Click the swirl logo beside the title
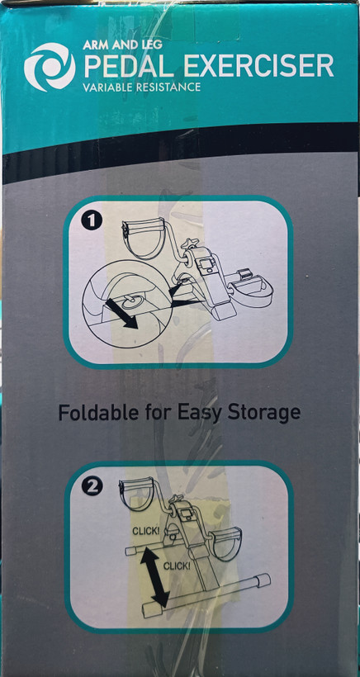(x=50, y=67)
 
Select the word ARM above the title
(x=95, y=45)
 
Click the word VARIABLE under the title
(x=107, y=88)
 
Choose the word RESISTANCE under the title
(x=168, y=88)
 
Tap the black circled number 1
(x=91, y=222)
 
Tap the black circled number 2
(x=92, y=486)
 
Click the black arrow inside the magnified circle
(x=121, y=314)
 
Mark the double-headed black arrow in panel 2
(x=155, y=576)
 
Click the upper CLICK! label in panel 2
(x=145, y=531)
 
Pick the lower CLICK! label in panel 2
(x=176, y=566)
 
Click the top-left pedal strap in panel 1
(x=144, y=237)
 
